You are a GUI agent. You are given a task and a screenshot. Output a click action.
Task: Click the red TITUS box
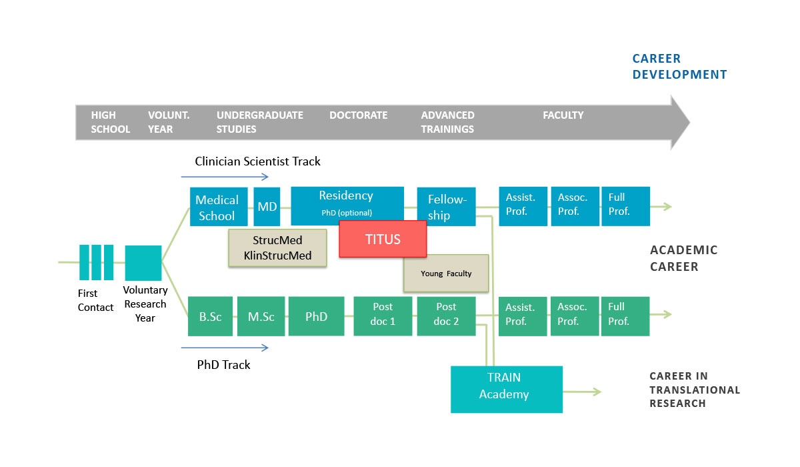pyautogui.click(x=383, y=239)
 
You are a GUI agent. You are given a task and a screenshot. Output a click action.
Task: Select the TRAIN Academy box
pyautogui.click(x=507, y=390)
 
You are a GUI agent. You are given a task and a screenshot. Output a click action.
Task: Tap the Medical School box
pyautogui.click(x=219, y=207)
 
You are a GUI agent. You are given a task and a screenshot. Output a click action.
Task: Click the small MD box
pyautogui.click(x=267, y=207)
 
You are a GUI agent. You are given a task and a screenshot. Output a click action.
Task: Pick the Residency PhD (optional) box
pyautogui.click(x=347, y=204)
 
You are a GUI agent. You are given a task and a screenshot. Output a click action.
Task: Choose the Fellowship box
pyautogui.click(x=447, y=207)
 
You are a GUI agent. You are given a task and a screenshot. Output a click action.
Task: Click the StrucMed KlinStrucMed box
pyautogui.click(x=277, y=248)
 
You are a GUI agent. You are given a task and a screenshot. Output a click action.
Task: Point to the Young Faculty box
pyautogui.click(x=446, y=274)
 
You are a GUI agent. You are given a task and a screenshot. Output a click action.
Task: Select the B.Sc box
pyautogui.click(x=211, y=316)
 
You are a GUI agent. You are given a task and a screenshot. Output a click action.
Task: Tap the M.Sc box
pyautogui.click(x=261, y=316)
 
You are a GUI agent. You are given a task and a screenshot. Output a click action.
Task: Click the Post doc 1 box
pyautogui.click(x=383, y=316)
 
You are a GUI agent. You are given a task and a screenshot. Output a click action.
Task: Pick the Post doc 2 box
pyautogui.click(x=447, y=316)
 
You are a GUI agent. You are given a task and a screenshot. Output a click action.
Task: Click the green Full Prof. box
pyautogui.click(x=625, y=316)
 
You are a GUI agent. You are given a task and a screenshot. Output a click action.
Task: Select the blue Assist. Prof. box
pyautogui.click(x=523, y=206)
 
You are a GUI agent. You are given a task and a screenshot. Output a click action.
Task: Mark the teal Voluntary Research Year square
pyautogui.click(x=143, y=263)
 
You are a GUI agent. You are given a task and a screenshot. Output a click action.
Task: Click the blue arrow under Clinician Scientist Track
pyautogui.click(x=225, y=177)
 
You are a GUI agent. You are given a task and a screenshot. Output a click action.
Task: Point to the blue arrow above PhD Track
pyautogui.click(x=225, y=348)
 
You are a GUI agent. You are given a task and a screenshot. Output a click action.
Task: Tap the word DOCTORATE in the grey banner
pyautogui.click(x=358, y=115)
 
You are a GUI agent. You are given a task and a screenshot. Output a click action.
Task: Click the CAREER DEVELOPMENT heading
pyautogui.click(x=679, y=67)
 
